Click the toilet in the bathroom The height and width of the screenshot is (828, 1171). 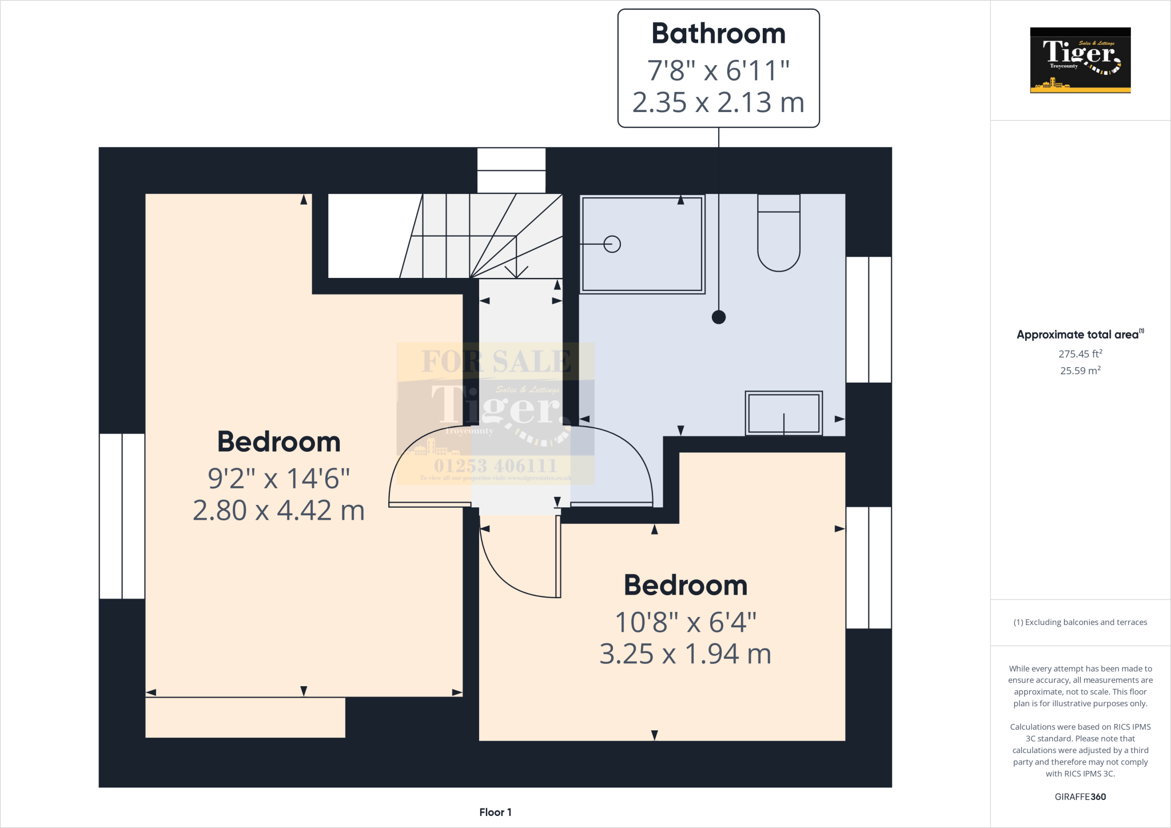[778, 234]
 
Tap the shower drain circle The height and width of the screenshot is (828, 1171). [612, 244]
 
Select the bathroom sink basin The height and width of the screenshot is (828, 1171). [783, 413]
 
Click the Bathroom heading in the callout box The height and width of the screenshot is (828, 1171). [718, 34]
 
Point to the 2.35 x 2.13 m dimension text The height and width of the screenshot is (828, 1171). [718, 103]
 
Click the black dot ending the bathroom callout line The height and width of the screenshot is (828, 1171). [719, 317]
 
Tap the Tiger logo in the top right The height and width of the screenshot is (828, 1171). [1080, 60]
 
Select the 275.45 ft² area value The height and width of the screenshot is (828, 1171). [1080, 354]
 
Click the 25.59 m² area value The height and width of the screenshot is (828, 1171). [1080, 371]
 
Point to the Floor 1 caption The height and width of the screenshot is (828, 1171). [495, 812]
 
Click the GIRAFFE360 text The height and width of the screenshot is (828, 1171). [1080, 797]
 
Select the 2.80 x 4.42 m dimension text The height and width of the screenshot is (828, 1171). [278, 511]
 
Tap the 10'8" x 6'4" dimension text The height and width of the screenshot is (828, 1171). [686, 622]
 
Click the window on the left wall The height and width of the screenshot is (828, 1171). [122, 516]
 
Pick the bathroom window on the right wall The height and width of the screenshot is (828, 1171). [869, 319]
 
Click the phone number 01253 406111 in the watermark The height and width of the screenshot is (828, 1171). [495, 465]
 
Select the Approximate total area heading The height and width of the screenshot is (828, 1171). [1078, 335]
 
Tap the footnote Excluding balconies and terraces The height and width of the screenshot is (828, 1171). [1080, 622]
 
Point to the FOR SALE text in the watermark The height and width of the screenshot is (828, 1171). [496, 361]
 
